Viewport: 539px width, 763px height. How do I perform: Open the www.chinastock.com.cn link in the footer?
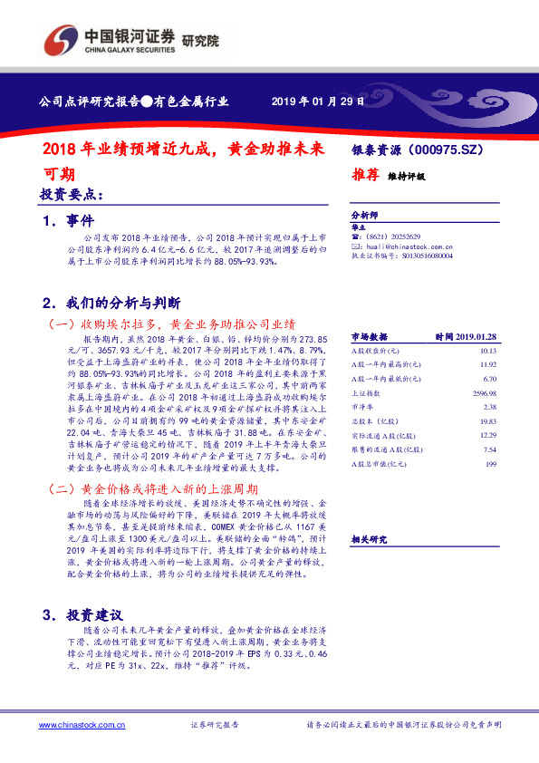[x=81, y=725]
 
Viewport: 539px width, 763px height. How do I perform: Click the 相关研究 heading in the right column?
[x=370, y=540]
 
